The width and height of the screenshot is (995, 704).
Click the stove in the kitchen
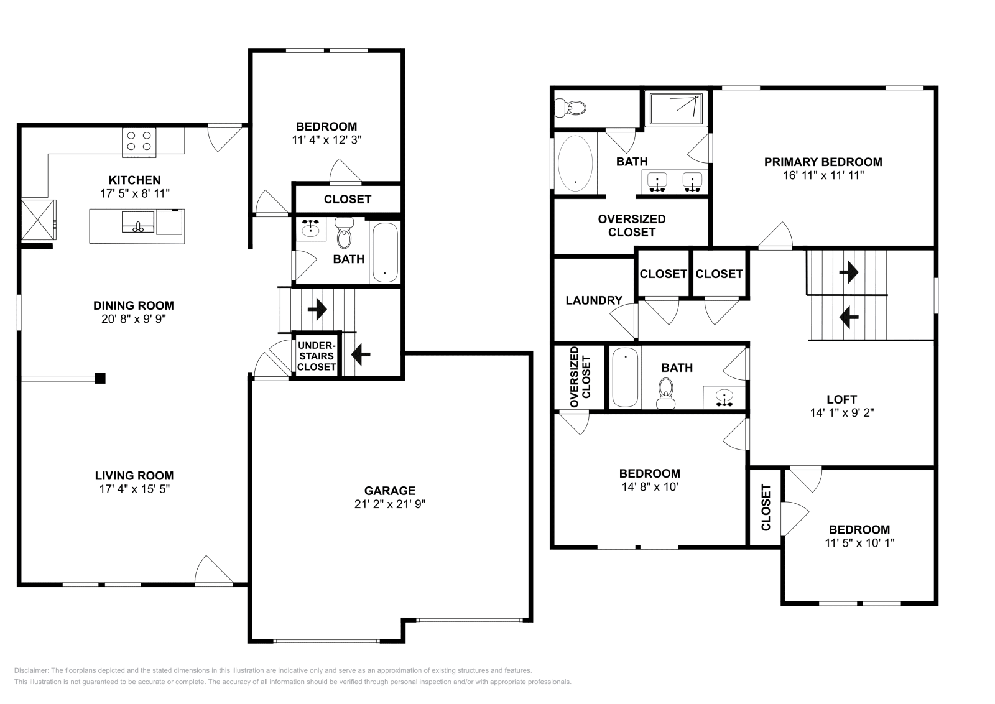[139, 141]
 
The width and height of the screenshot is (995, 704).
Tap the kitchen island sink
[138, 223]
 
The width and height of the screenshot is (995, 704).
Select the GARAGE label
[389, 491]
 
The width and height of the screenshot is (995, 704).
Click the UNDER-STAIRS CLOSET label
[317, 356]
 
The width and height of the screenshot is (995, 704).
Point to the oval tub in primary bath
[575, 163]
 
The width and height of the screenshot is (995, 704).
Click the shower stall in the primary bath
[675, 108]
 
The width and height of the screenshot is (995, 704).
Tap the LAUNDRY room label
[593, 300]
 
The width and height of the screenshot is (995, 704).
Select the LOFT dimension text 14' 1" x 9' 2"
[841, 412]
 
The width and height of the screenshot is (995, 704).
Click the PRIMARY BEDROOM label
[823, 162]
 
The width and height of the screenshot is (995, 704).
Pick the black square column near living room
[99, 378]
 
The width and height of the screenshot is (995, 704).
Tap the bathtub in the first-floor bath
[384, 252]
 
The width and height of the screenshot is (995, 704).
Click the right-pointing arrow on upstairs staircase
[848, 272]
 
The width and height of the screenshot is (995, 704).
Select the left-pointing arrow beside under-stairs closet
[361, 354]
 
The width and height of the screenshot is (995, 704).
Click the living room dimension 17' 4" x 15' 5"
[134, 489]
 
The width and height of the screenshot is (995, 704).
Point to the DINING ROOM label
[134, 305]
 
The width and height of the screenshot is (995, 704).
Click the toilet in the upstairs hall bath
[666, 394]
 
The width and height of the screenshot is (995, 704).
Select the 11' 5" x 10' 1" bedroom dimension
[859, 543]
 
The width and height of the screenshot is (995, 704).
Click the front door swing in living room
[213, 570]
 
